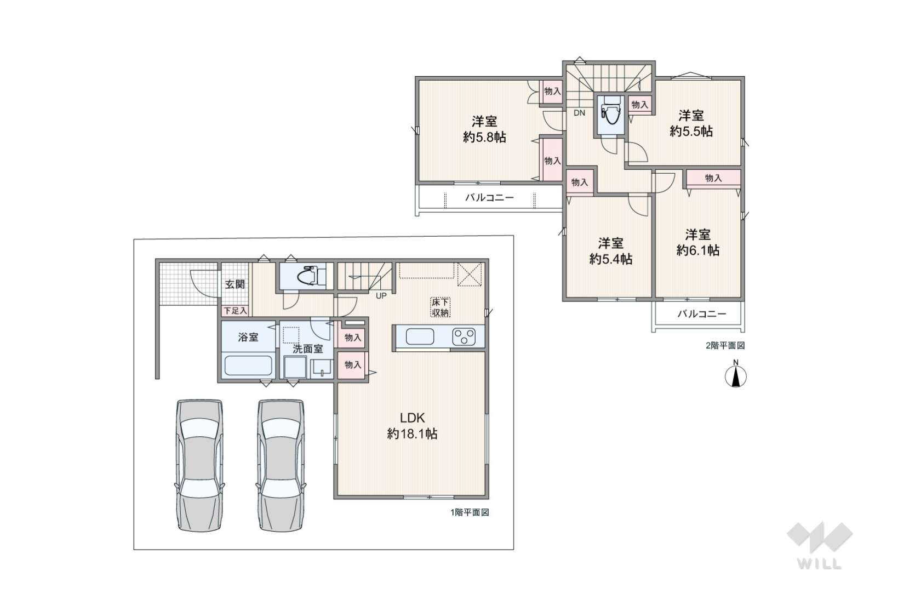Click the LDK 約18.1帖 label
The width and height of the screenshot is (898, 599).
pos(412,426)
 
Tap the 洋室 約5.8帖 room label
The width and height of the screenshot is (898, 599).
pos(485,129)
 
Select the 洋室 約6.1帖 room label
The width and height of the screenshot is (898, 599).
pos(698,242)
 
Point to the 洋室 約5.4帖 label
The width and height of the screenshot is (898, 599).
pos(611,252)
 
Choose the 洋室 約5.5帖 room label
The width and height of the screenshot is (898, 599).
pos(691,123)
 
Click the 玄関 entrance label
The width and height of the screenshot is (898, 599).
pos(234,284)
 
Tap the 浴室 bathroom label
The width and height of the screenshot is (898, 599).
pos(248,337)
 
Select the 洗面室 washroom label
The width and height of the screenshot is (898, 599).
pos(307,349)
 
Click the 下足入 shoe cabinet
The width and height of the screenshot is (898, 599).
pos(236,311)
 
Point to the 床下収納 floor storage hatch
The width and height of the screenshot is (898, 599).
pos(440,307)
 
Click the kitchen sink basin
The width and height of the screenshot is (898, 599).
pos(420,337)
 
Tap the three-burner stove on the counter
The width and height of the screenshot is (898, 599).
pos(464,337)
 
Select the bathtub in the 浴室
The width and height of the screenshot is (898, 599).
pos(248,365)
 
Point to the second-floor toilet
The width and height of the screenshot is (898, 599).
pos(610,111)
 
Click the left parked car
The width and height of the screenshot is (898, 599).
pos(199,466)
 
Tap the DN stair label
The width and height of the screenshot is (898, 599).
pos(579,113)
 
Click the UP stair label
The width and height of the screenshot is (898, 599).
pos(381,296)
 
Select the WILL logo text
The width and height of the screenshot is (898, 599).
pos(820,564)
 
